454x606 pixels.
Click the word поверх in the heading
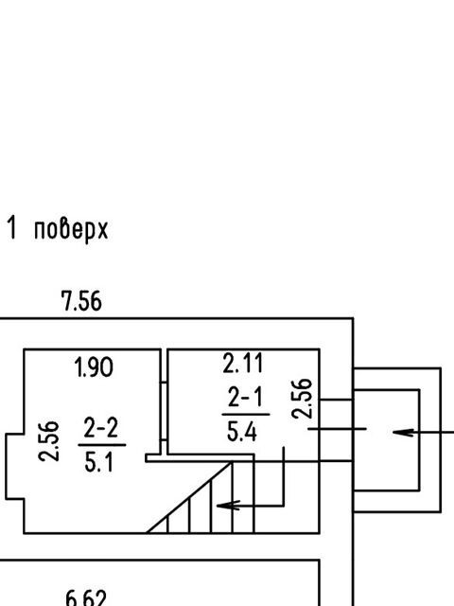[x=71, y=231]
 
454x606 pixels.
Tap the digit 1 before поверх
[x=12, y=228]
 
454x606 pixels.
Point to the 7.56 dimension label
[x=82, y=301]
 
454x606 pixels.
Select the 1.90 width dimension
[x=94, y=367]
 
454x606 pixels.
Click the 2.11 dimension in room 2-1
[x=243, y=363]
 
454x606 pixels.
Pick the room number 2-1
[x=246, y=398]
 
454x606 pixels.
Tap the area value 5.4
[x=242, y=432]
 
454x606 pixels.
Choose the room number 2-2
[x=101, y=428]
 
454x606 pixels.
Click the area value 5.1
[x=99, y=462]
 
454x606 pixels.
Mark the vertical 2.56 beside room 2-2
[x=49, y=441]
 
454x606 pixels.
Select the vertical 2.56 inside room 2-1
[x=302, y=399]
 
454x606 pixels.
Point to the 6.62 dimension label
[x=86, y=598]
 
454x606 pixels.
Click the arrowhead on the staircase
[x=229, y=506]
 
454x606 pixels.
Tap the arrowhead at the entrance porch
[x=404, y=433]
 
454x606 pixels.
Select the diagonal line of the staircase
[x=189, y=497]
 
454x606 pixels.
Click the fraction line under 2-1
[x=246, y=415]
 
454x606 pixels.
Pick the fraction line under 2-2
[x=102, y=445]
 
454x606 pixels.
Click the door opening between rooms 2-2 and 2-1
[x=164, y=411]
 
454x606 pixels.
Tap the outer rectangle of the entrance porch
[x=441, y=439]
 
